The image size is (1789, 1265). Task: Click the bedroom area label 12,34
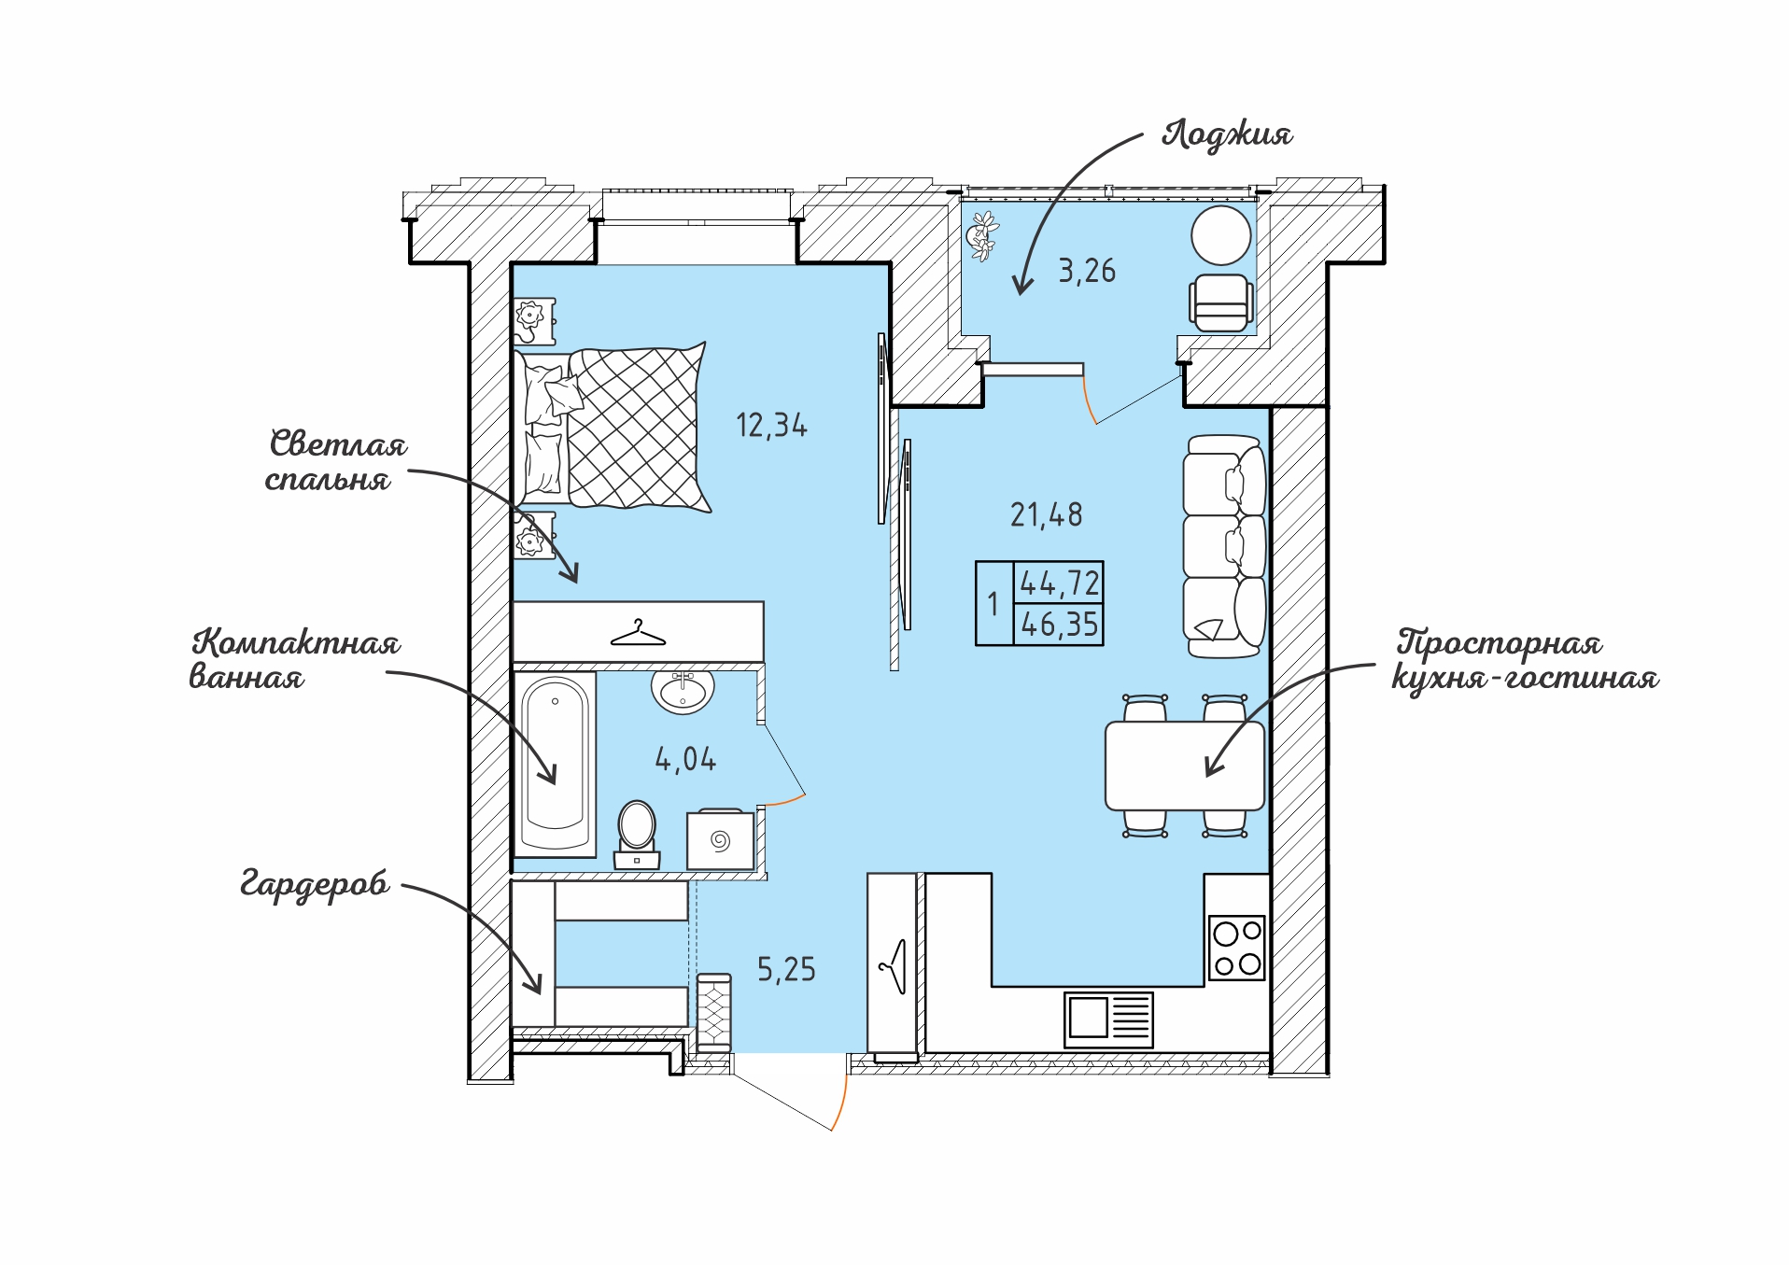tap(771, 426)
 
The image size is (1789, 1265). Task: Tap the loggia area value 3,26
tap(1087, 271)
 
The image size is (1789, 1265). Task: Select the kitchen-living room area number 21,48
tap(1047, 514)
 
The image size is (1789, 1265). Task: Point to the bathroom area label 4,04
tap(685, 759)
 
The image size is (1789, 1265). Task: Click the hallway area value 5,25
tap(786, 970)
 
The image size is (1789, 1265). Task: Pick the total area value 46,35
tap(1060, 624)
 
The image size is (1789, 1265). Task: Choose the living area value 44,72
tap(1060, 583)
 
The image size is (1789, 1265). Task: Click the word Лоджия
tap(1227, 134)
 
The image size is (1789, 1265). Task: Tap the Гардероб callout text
tap(315, 883)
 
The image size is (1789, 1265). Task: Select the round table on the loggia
tap(1220, 235)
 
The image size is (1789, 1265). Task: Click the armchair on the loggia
tap(1221, 302)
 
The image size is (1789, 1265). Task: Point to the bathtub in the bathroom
tap(555, 763)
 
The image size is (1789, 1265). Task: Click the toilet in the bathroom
tap(637, 835)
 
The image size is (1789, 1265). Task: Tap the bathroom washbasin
tap(683, 691)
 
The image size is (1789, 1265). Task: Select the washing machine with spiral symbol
tap(720, 839)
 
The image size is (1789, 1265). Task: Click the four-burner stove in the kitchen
tap(1236, 948)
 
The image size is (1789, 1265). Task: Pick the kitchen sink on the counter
tap(1108, 1019)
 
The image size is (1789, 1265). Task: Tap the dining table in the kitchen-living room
tap(1184, 766)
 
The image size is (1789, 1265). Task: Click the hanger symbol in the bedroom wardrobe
tap(638, 634)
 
